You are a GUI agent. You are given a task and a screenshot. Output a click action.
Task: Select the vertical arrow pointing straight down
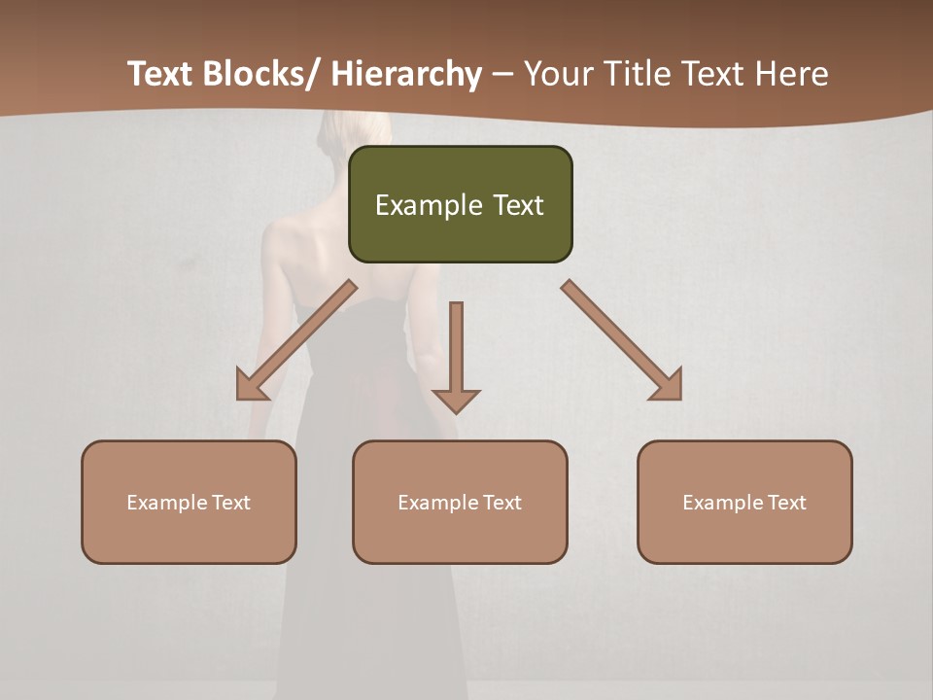point(456,355)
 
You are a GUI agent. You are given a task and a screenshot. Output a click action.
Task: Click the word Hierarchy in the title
point(406,75)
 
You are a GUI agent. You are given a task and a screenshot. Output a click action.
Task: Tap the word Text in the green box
point(516,205)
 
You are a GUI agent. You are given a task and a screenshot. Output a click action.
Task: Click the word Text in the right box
point(787,503)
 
